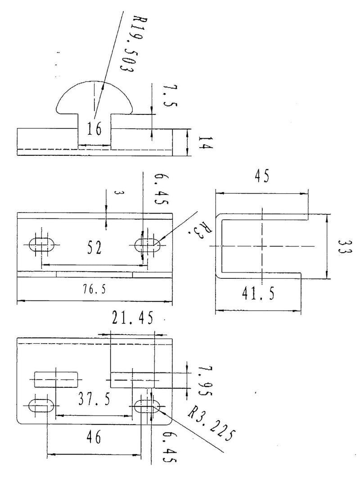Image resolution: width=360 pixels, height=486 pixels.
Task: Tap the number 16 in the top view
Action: (94, 129)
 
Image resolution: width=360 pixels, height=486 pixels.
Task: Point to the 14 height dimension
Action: (205, 142)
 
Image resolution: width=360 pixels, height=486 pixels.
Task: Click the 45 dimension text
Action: (262, 176)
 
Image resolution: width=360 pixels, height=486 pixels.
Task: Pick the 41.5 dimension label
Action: (258, 293)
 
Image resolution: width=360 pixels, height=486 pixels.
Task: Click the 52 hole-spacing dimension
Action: (94, 248)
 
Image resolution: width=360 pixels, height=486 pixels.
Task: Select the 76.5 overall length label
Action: (94, 290)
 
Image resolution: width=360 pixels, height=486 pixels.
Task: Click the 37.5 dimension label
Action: (94, 399)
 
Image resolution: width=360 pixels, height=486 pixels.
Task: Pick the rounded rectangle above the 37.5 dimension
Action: (56, 379)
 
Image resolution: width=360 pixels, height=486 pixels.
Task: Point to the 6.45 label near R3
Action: (162, 189)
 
